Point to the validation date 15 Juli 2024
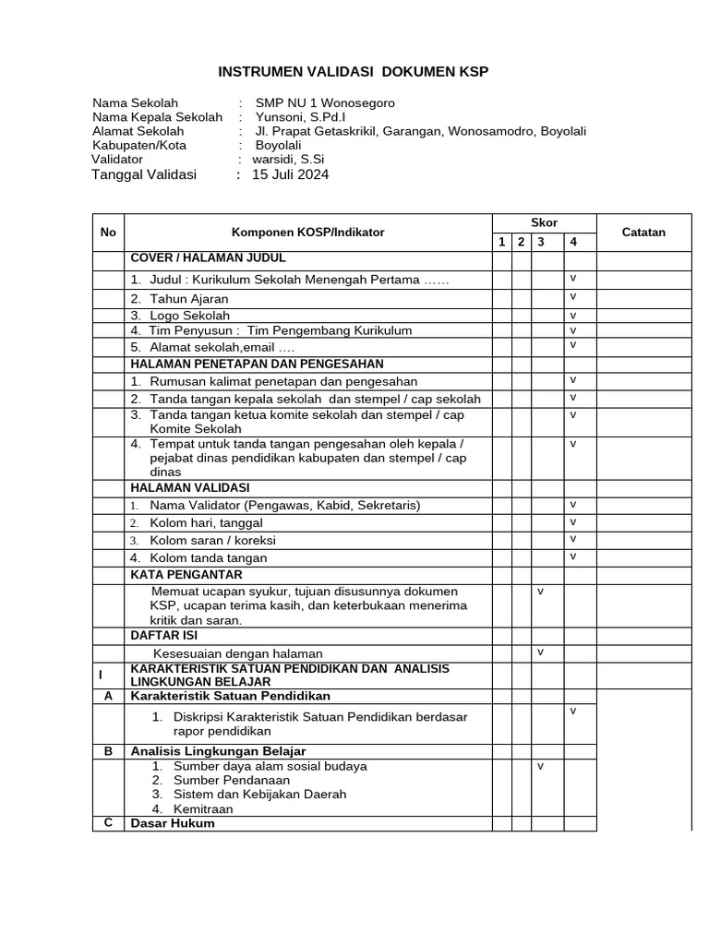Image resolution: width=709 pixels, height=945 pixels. (x=291, y=174)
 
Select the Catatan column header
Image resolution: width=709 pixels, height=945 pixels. (x=643, y=233)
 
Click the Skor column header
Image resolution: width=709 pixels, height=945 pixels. (x=544, y=223)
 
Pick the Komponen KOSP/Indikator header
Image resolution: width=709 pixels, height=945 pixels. (x=307, y=233)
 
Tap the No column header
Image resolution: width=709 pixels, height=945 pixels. (x=108, y=233)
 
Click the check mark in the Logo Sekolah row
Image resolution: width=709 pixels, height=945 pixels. (x=572, y=315)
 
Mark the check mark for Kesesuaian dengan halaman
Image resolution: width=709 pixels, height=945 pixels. (x=541, y=652)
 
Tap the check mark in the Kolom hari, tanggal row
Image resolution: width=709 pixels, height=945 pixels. (x=572, y=521)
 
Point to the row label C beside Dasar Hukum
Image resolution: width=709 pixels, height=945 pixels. (x=108, y=822)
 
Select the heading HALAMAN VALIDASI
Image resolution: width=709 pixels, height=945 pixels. (x=189, y=487)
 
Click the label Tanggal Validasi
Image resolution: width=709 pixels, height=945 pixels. (x=144, y=174)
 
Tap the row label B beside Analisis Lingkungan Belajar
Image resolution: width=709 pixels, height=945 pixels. (x=108, y=751)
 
